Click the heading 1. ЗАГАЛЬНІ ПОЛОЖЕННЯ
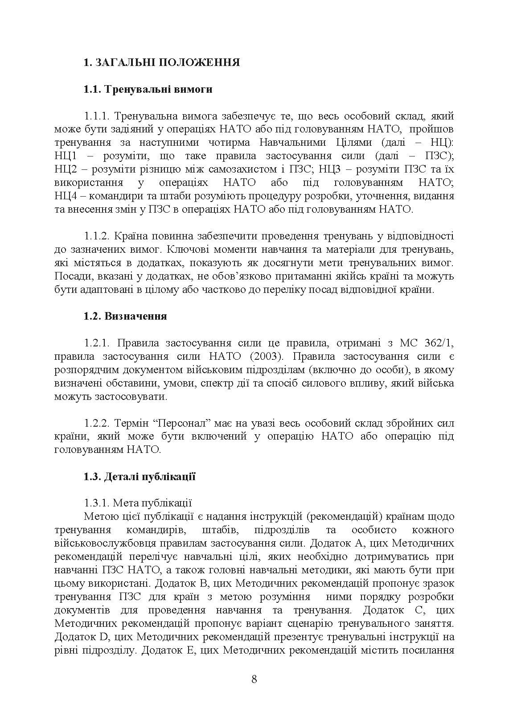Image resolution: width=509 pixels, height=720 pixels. (x=161, y=62)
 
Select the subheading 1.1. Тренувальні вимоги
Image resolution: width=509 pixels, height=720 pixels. (x=148, y=89)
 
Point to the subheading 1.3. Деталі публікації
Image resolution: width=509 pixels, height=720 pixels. (x=139, y=477)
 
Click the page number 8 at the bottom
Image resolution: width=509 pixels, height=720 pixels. (x=254, y=679)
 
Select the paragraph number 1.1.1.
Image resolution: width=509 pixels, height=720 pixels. (x=97, y=116)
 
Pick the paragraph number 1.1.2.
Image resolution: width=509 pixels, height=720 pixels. (x=97, y=236)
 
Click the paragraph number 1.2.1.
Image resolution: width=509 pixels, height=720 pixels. (x=97, y=343)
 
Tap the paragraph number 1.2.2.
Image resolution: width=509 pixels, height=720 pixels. (x=97, y=423)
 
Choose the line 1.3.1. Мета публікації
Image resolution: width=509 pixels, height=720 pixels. (x=137, y=503)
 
